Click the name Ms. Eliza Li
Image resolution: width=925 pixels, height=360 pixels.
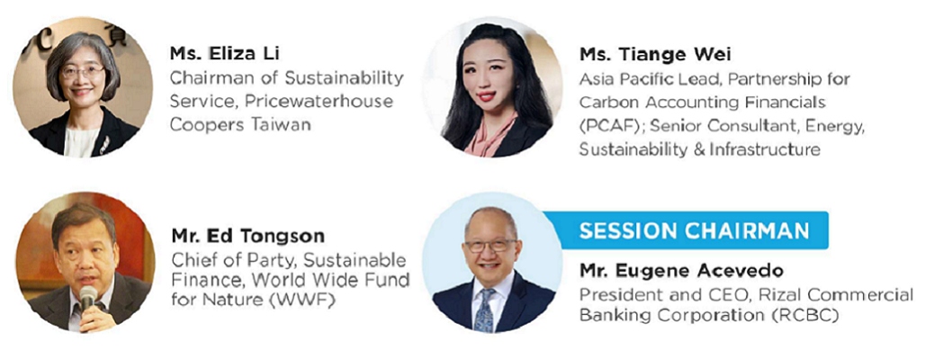click(x=225, y=54)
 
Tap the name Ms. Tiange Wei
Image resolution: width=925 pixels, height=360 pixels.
click(x=655, y=55)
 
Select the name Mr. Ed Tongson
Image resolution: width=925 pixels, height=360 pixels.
click(x=247, y=236)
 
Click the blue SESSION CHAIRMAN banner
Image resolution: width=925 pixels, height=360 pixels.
click(x=686, y=230)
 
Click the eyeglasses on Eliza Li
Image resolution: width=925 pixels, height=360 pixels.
click(x=83, y=72)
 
